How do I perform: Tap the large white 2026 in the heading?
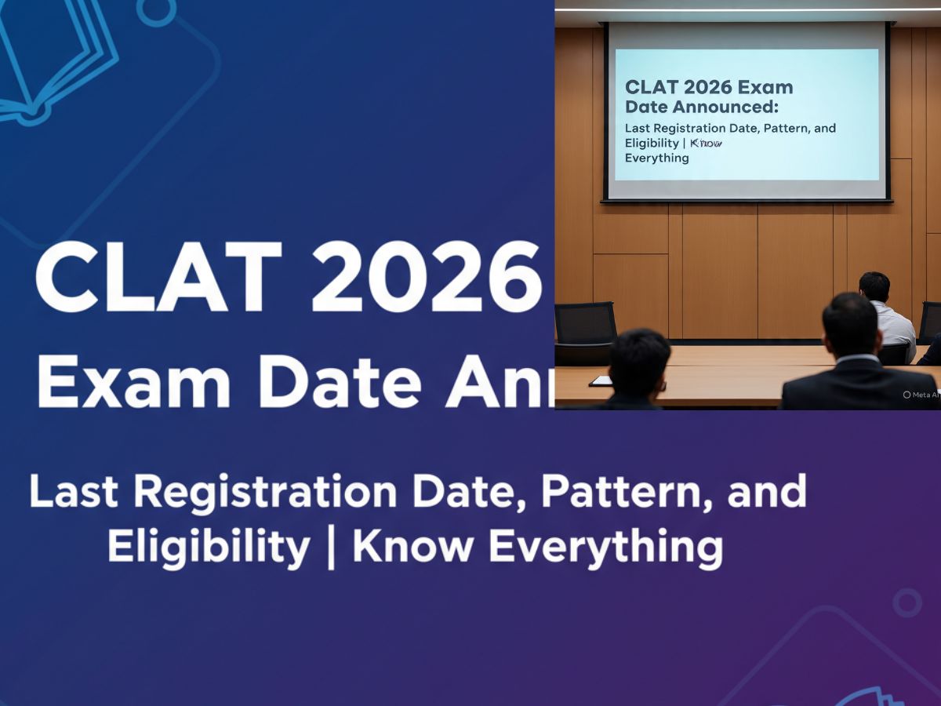pos(427,278)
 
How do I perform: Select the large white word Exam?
pos(134,382)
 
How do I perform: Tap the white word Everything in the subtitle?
pos(605,547)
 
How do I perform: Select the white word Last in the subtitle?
pos(74,492)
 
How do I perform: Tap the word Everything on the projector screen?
pos(656,158)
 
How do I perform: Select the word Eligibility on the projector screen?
pos(652,143)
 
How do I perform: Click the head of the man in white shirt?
pos(874,287)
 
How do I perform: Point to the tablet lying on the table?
pos(600,380)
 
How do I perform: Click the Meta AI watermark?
pos(921,395)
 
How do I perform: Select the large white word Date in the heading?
pos(338,382)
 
